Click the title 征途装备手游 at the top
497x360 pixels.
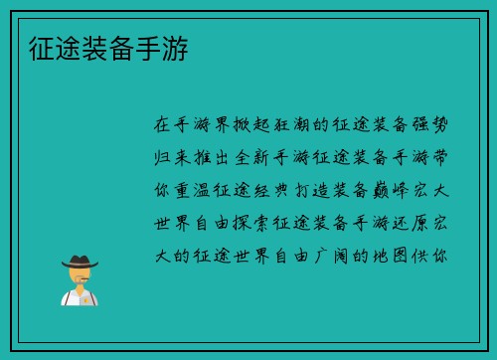point(106,47)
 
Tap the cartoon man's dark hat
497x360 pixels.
point(79,263)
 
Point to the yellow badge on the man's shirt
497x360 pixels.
point(86,296)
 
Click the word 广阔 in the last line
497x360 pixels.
point(338,256)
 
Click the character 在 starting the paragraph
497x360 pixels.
point(163,125)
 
